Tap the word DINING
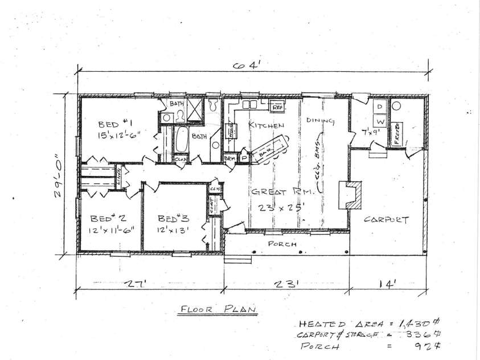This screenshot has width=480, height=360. (x=319, y=121)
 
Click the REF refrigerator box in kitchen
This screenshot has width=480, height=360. (x=278, y=107)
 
